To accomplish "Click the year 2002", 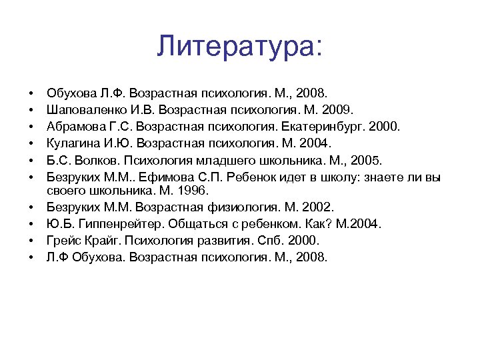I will [x=320, y=207].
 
